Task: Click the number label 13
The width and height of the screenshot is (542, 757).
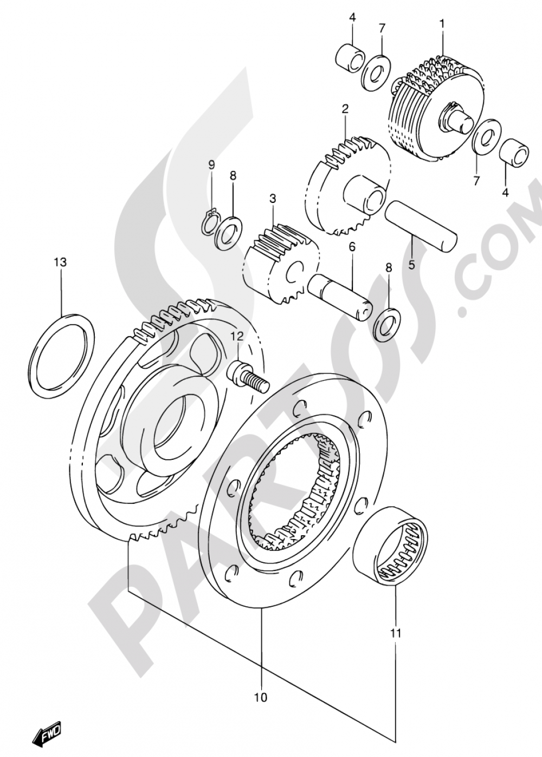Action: pyautogui.click(x=60, y=263)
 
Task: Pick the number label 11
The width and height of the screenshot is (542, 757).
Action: pyautogui.click(x=396, y=632)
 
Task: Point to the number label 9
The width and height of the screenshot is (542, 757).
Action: pyautogui.click(x=212, y=164)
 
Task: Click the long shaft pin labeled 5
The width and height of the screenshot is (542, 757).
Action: pyautogui.click(x=421, y=226)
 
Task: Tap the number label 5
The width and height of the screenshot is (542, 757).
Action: pyautogui.click(x=411, y=265)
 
